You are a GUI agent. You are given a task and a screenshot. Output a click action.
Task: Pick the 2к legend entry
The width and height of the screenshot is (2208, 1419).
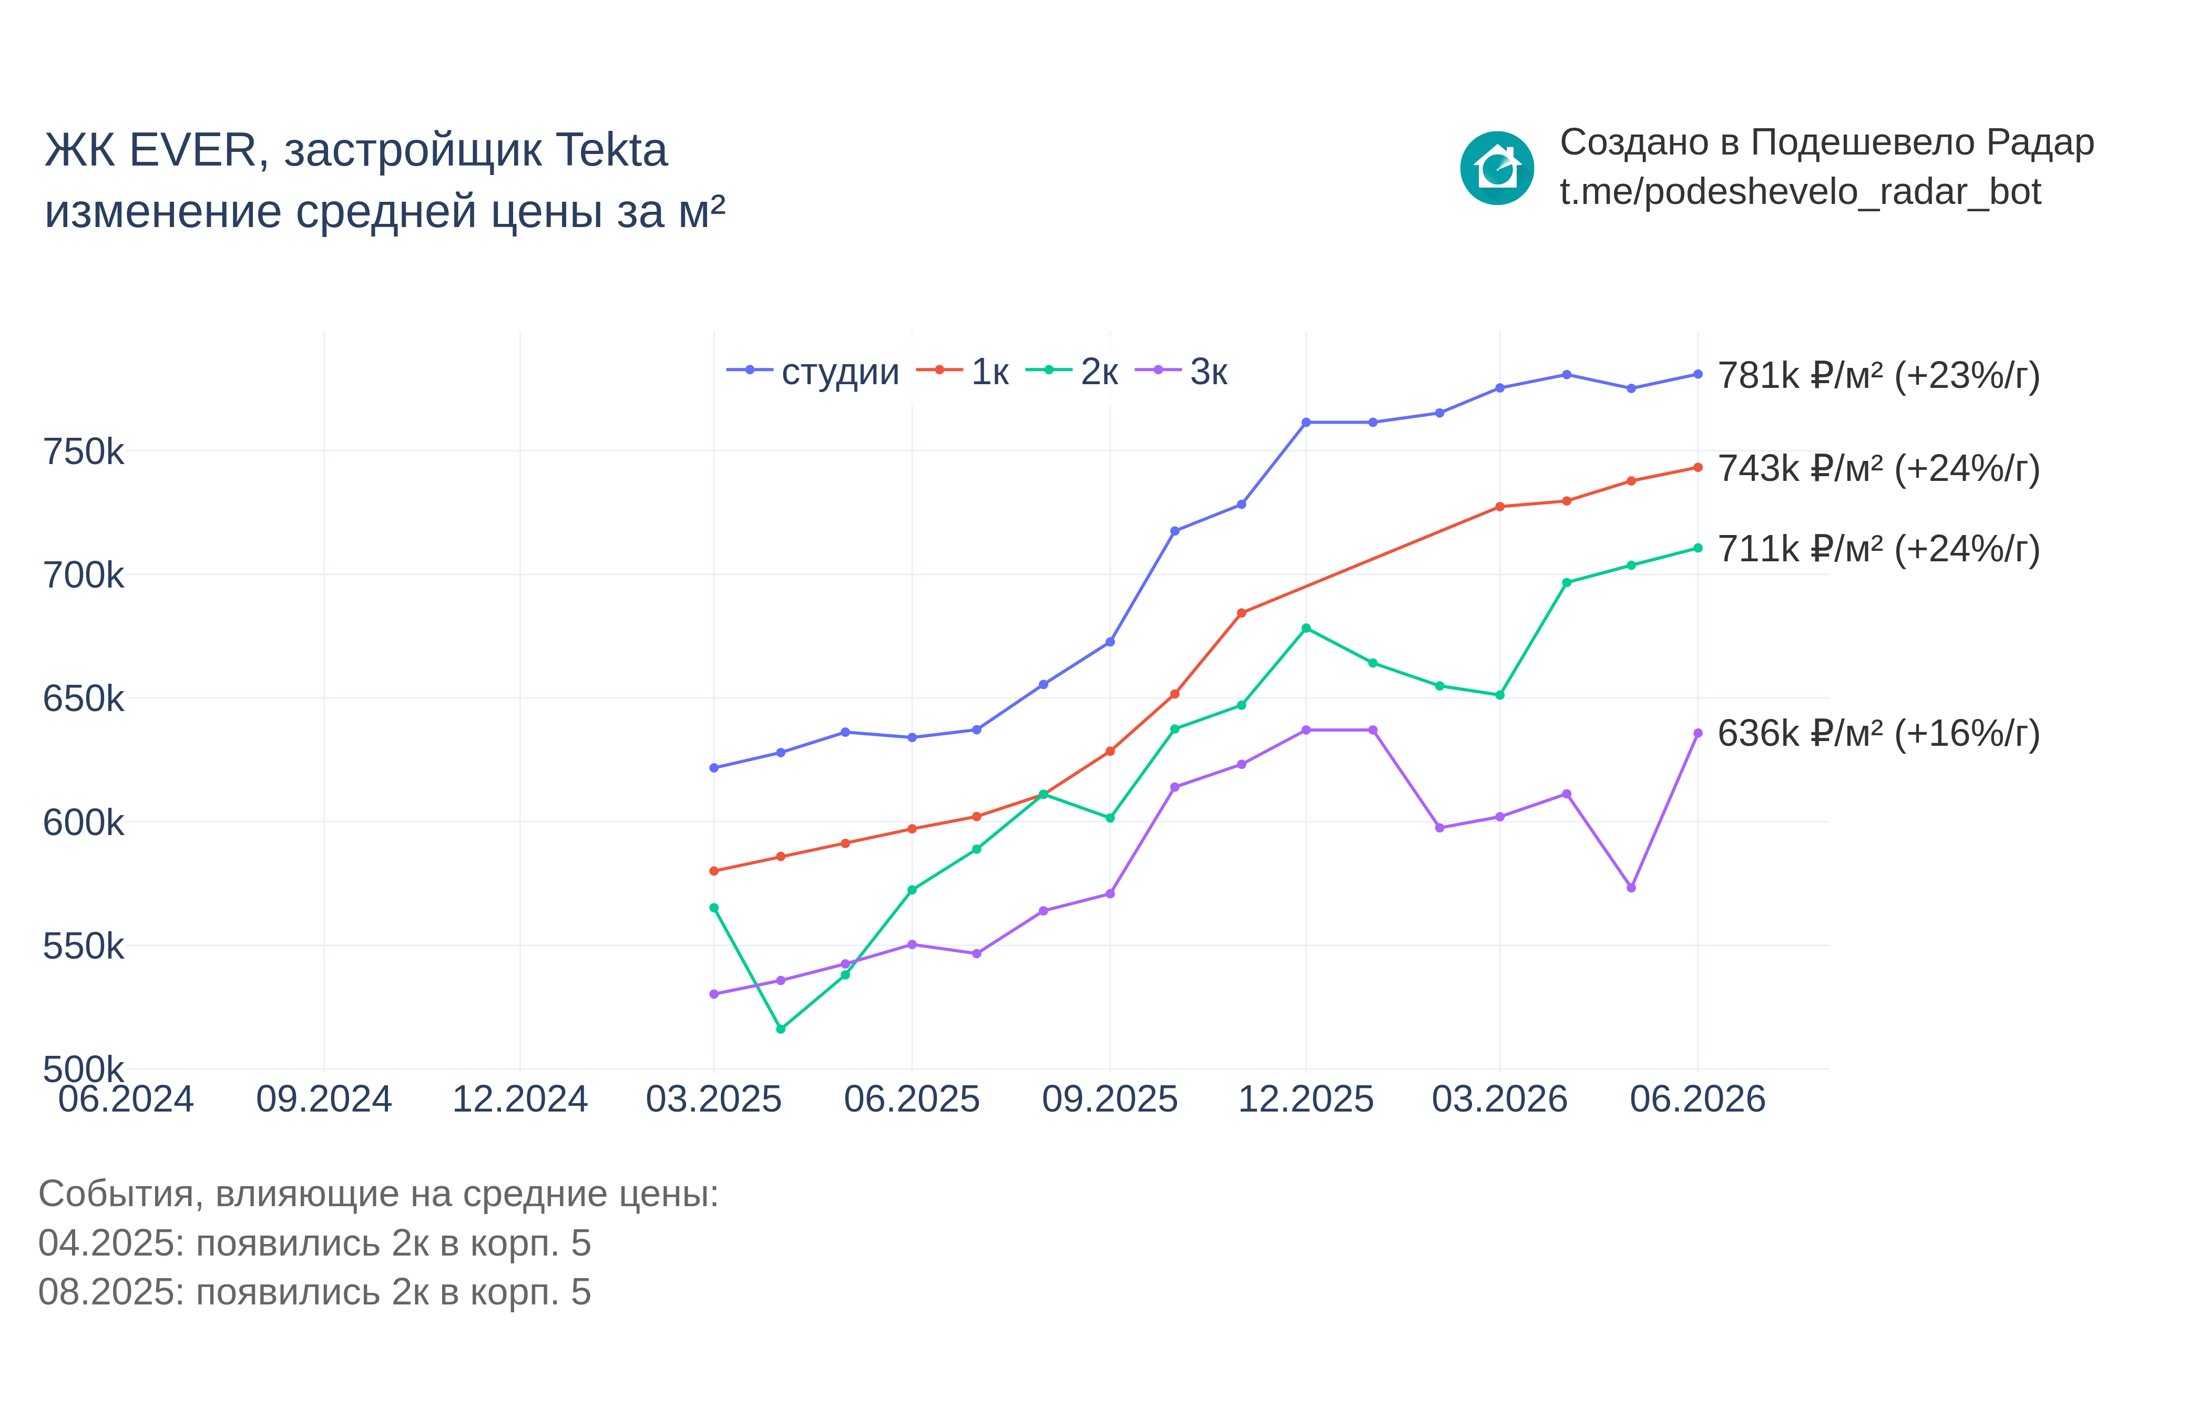pyautogui.click(x=1072, y=372)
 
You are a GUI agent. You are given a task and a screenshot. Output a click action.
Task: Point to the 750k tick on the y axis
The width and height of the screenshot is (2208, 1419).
pyautogui.click(x=83, y=451)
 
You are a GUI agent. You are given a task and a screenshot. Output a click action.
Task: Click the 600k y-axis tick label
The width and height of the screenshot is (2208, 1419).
pyautogui.click(x=83, y=822)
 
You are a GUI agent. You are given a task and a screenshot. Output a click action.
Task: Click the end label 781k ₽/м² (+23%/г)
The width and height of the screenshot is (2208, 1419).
pyautogui.click(x=1878, y=376)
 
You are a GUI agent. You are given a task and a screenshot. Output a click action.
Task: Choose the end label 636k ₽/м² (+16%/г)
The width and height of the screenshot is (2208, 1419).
pyautogui.click(x=1878, y=734)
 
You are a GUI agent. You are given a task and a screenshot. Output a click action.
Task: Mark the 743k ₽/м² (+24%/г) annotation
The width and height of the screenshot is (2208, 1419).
pyautogui.click(x=1878, y=469)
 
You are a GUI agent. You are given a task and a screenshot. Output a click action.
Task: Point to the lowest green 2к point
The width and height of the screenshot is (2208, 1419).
pyautogui.click(x=781, y=1029)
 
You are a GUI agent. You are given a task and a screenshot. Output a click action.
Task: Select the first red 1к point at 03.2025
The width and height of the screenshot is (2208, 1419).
pyautogui.click(x=714, y=871)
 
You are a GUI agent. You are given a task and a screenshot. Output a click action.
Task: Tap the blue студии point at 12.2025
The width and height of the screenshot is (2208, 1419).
pyautogui.click(x=1306, y=422)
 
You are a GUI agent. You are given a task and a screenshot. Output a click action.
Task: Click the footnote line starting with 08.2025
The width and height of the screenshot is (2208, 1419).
pyautogui.click(x=314, y=1292)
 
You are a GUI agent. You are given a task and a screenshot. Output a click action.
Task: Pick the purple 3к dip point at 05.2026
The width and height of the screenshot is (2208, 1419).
pyautogui.click(x=1631, y=887)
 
